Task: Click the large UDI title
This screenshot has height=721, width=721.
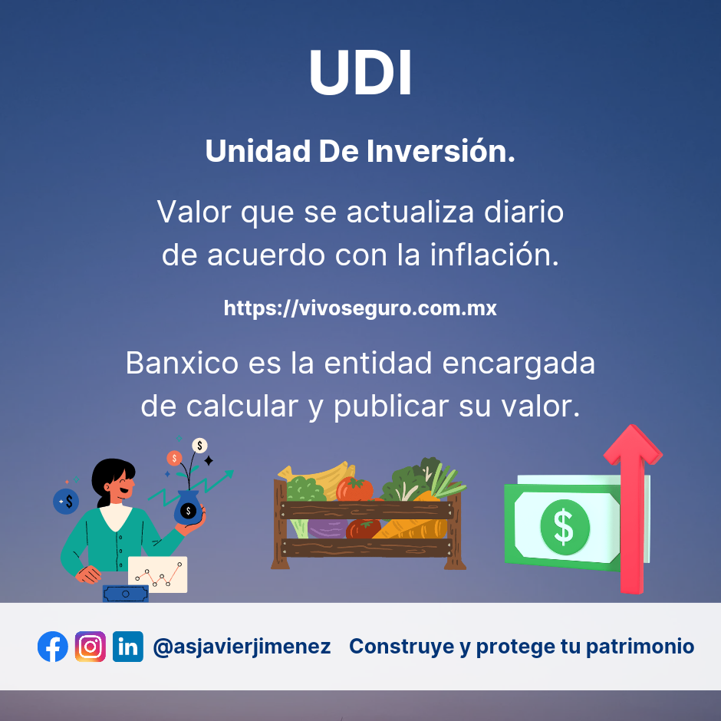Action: point(360,73)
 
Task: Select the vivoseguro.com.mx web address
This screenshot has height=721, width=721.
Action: point(360,308)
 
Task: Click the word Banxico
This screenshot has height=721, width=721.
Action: point(183,363)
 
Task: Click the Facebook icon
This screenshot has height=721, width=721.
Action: point(53,647)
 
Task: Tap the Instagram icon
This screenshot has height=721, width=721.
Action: point(91,647)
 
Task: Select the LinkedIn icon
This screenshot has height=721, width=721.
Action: point(128,647)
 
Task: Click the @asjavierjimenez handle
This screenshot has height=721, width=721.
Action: point(242,647)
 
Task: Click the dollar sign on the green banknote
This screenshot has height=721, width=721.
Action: point(564,526)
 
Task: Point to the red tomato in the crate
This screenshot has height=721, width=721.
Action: point(354,489)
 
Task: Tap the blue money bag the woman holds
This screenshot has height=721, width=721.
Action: point(187,507)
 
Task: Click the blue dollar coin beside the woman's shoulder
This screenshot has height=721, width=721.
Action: point(67,502)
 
